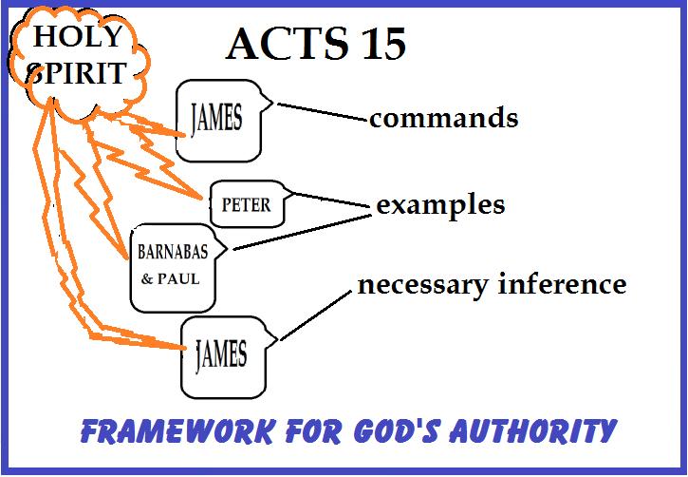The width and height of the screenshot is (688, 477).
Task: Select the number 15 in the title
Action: [x=382, y=45]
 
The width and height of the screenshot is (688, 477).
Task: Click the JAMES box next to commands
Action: [x=217, y=121]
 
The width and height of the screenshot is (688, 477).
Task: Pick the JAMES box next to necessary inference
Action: [x=220, y=356]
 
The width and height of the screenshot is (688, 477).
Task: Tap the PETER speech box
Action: [x=246, y=203]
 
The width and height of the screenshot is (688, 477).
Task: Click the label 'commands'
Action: [x=443, y=119]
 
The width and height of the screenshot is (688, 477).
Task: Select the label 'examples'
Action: [x=439, y=204]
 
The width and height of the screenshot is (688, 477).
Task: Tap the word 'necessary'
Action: [x=422, y=284]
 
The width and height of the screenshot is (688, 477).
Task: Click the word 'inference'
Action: [x=562, y=284]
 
